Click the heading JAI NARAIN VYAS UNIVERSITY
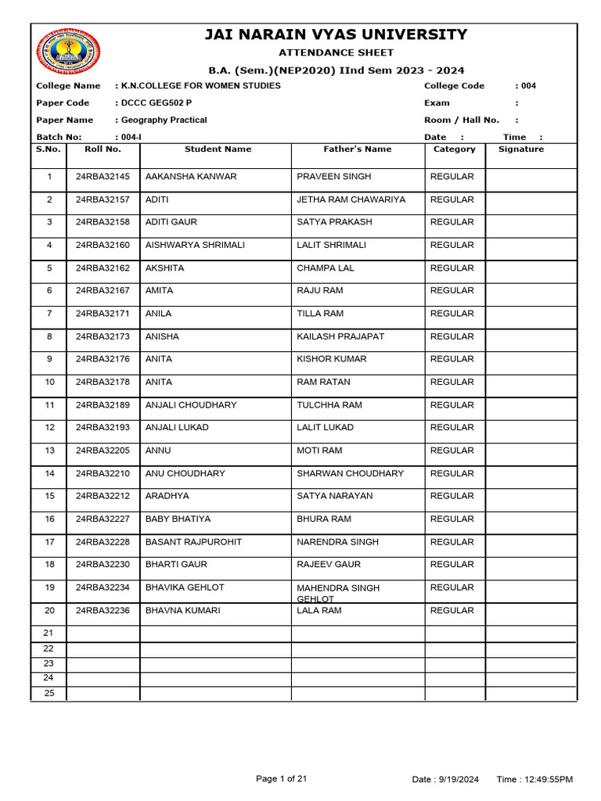coord(336,34)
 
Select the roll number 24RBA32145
coord(103,177)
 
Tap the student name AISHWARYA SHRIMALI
coord(195,245)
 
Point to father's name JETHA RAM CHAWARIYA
coord(351,199)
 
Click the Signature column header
coord(520,149)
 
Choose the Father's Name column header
coord(358,149)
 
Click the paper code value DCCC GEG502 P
coord(154,103)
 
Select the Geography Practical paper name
coord(163,120)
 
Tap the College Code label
coord(454,86)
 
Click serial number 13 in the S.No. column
coord(49,451)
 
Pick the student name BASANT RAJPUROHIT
coord(193,542)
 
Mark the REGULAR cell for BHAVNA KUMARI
coord(452,611)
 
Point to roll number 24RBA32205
coord(103,451)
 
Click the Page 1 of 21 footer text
coord(282,778)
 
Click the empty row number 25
coord(49,694)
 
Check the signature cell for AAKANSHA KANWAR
coord(531,177)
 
